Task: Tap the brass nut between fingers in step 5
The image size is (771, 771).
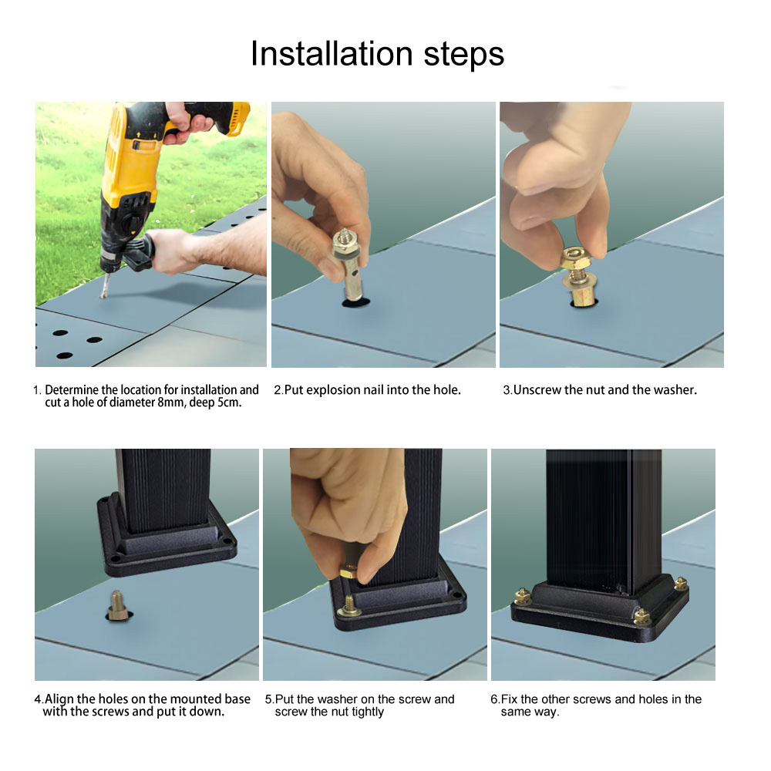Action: point(348,573)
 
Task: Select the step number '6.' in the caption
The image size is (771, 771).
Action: point(495,699)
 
